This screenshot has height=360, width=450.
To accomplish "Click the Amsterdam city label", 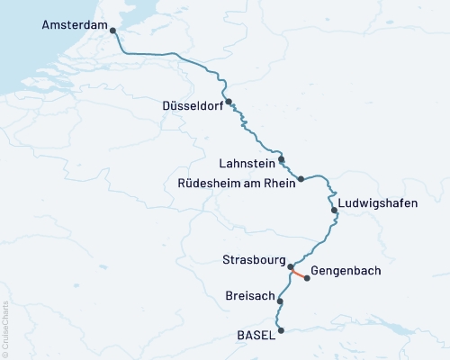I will pos(73,26).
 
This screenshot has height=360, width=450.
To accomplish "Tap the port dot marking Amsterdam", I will pos(112,31).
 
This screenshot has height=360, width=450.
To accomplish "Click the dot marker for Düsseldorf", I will pos(229,102).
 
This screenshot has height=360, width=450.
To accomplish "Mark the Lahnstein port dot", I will pos(282,159).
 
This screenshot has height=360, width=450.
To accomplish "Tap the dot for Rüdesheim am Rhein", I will pos(301,178).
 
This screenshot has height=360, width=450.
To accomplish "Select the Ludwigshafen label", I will pos(377,203).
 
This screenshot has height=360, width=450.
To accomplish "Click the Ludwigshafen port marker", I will pos(335,211).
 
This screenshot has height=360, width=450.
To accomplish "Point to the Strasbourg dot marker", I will pos(290,266).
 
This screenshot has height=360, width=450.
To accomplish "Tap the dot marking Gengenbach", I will pos(308,278).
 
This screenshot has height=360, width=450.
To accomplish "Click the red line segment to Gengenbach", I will pos(299,272).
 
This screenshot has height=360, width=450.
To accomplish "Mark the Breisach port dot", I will pos(281,301).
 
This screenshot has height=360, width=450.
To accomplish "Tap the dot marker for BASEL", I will pos(282,330).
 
